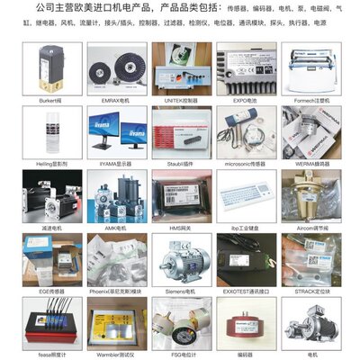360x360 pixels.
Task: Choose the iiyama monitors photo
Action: (x=115, y=130)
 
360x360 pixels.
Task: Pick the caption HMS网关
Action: (x=180, y=228)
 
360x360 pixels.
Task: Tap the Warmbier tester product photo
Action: (x=115, y=324)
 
